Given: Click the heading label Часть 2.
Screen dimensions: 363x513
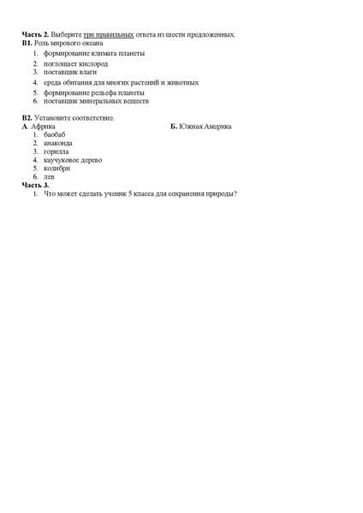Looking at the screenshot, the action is pyautogui.click(x=35, y=34).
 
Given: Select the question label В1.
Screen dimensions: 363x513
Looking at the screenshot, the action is pyautogui.click(x=27, y=42).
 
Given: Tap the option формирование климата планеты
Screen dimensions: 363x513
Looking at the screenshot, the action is pyautogui.click(x=94, y=53).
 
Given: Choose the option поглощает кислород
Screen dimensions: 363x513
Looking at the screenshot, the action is pyautogui.click(x=76, y=63).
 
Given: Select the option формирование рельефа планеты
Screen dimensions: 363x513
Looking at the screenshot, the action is pyautogui.click(x=94, y=91).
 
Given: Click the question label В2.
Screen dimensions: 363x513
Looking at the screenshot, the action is pyautogui.click(x=27, y=117).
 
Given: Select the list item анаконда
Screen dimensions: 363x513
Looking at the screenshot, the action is pyautogui.click(x=58, y=143).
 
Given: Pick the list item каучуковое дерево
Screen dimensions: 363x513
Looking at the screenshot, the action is pyautogui.click(x=73, y=160).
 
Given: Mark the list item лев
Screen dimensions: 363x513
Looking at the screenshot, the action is pyautogui.click(x=49, y=176).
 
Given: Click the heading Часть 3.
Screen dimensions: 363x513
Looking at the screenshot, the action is pyautogui.click(x=35, y=185).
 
